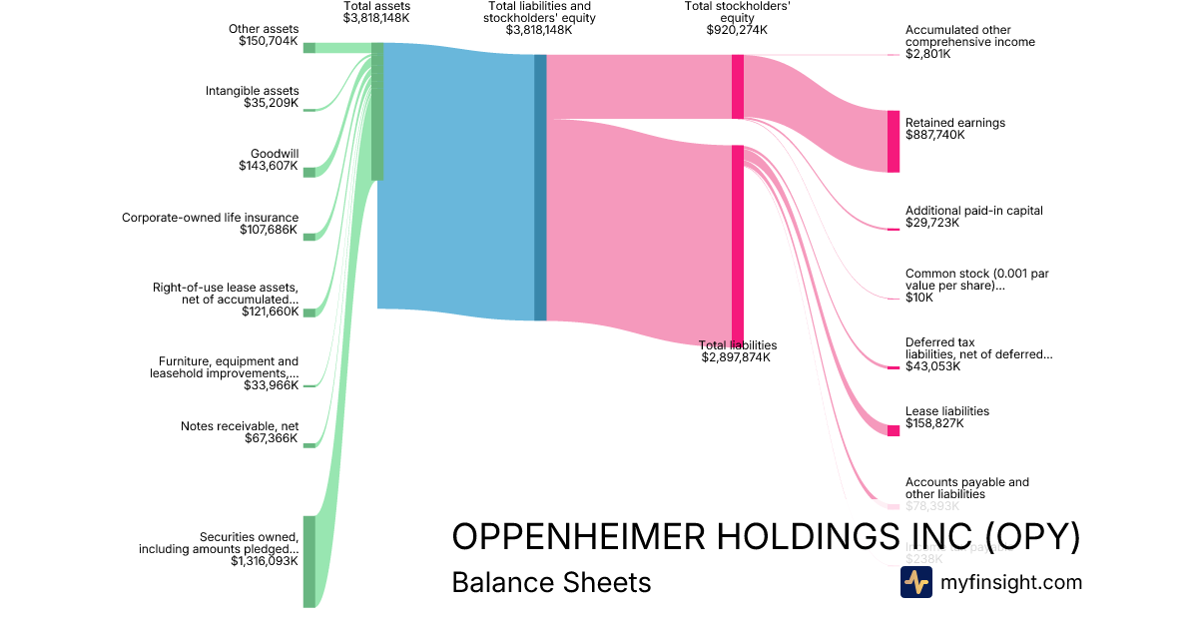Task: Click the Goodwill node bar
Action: coord(309,172)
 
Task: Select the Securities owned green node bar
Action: coord(309,561)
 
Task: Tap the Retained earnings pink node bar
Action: coord(894,141)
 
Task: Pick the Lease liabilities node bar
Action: coord(894,430)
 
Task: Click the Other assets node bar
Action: coord(309,48)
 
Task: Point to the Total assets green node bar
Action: coord(377,111)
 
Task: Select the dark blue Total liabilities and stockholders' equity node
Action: coord(540,188)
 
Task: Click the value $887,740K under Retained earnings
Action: coord(934,135)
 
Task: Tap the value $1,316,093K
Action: coord(264,562)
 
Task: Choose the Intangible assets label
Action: coord(253,91)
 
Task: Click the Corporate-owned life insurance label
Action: coord(210,217)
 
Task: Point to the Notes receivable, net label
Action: coord(240,426)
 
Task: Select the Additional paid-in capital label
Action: coord(973,211)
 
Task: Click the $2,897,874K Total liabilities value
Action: coord(736,357)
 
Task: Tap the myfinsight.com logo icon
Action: coord(916,582)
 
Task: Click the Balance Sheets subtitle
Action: coord(551,582)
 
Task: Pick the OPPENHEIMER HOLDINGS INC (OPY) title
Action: coord(766,536)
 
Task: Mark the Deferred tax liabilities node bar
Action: coord(894,368)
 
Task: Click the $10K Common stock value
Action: coord(919,298)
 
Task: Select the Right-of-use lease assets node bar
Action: coord(309,313)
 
